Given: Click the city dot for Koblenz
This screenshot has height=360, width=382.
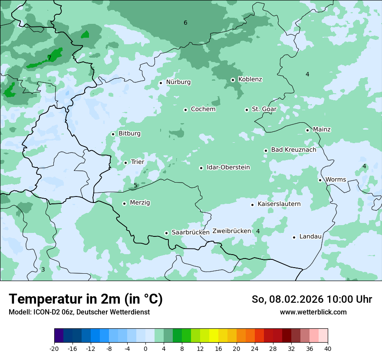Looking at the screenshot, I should click(x=233, y=80).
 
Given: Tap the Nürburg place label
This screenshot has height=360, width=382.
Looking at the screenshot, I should click(x=178, y=82).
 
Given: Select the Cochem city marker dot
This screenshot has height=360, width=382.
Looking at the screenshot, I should click(x=185, y=110).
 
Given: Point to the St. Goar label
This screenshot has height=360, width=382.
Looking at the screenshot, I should click(x=264, y=109).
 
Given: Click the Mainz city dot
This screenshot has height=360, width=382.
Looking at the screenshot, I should click(x=307, y=130).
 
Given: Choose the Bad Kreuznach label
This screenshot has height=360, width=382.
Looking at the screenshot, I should click(x=293, y=150).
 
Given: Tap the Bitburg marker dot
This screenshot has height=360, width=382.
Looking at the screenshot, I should click(x=113, y=134).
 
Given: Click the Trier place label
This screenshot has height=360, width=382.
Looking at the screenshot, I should click(x=137, y=162).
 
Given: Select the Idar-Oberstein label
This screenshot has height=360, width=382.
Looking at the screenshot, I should click(x=228, y=167).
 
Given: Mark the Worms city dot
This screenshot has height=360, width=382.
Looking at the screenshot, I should click(x=320, y=180).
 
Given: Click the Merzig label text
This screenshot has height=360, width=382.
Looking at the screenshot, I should click(x=140, y=203).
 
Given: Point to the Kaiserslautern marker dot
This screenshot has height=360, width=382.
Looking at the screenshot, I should click(x=252, y=205).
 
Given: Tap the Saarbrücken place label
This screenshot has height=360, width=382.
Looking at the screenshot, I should click(x=191, y=232).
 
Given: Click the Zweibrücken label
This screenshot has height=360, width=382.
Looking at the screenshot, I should click(x=231, y=231).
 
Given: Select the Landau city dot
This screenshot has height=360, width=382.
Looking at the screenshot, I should click(x=294, y=237).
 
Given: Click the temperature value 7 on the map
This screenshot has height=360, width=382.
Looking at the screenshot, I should click(x=49, y=58).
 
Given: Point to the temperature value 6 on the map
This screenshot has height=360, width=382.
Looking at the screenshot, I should click(x=185, y=23).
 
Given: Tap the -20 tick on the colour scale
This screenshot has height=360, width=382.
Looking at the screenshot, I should click(x=54, y=349).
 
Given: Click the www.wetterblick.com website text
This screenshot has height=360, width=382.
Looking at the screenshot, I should click(x=313, y=312).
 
